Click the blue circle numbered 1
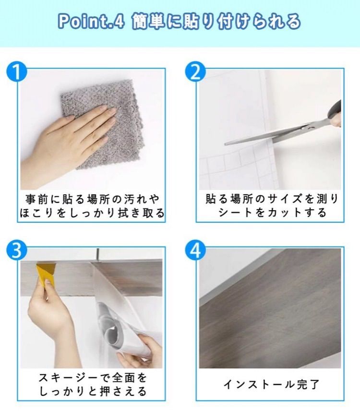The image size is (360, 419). point(17,72)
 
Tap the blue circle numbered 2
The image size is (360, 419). point(195,72)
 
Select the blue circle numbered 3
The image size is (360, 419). point(17,251)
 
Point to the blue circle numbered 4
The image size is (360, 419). point(195,251)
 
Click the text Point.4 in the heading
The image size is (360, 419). point(91,22)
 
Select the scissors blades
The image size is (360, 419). point(267,135)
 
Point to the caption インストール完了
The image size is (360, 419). point(271,384)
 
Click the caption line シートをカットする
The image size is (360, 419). point(272,213)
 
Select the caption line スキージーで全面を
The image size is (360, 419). point(93,378)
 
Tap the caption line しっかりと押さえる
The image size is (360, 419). point(93,392)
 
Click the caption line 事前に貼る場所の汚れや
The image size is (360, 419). point(93,199)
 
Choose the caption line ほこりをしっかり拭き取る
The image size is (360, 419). point(92,213)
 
